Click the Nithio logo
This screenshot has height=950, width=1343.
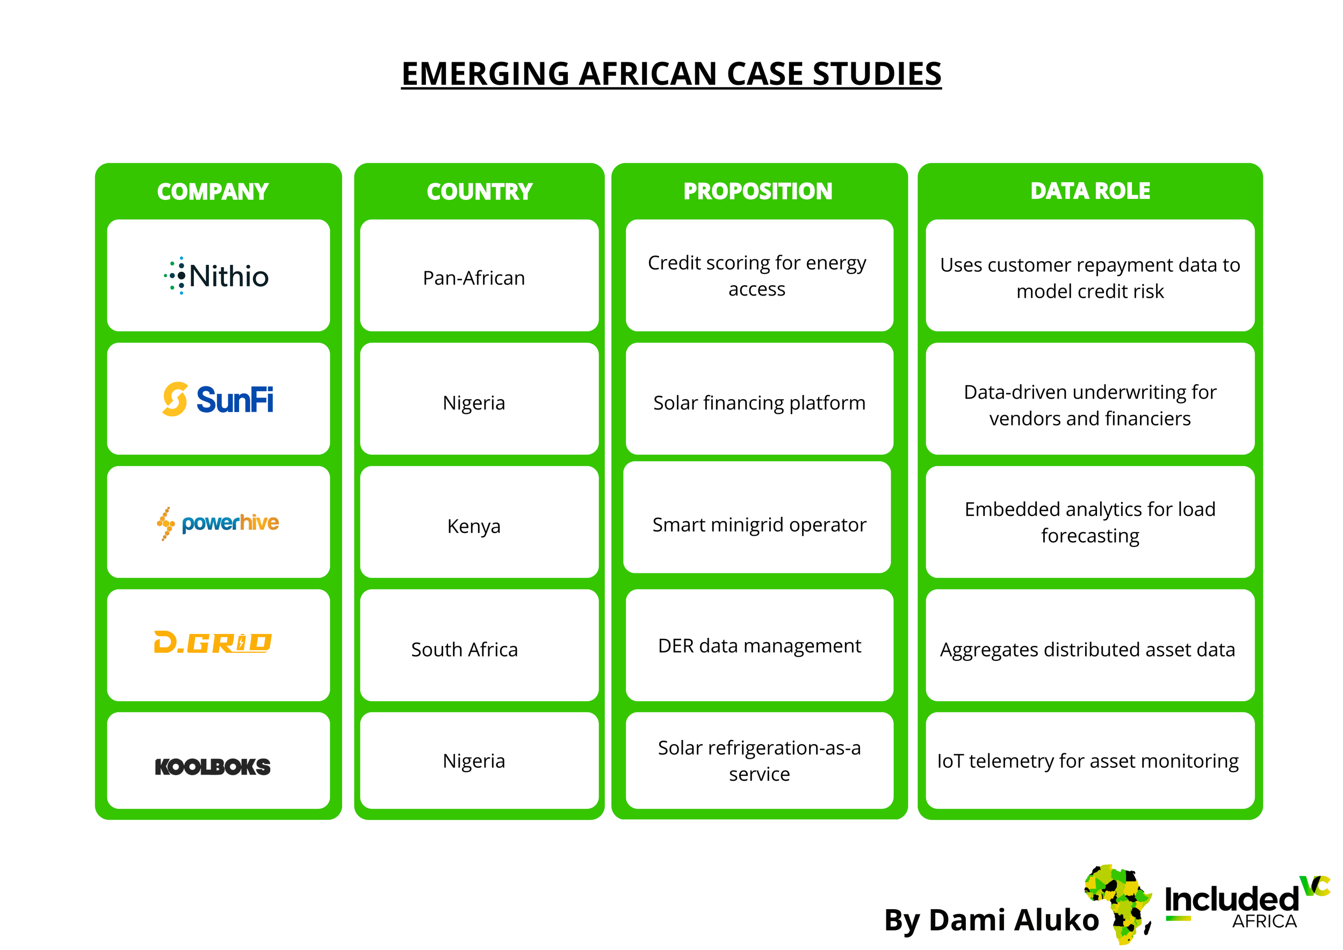pos(216,276)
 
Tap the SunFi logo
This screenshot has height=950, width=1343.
pos(218,400)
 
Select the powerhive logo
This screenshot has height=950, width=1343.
pos(218,523)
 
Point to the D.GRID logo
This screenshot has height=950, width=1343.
pos(213,642)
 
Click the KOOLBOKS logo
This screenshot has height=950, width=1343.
pos(213,766)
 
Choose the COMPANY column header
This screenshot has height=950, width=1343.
pos(213,192)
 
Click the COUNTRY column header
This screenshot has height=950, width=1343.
pos(480,192)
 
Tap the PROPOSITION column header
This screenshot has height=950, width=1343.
pos(757,191)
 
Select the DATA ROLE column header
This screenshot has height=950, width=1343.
pos(1090,191)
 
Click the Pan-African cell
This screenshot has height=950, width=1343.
pos(474,278)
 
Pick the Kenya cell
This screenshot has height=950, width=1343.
pos(474,526)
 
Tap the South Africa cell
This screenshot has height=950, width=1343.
pos(465,649)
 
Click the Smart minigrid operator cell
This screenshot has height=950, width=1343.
pos(759,525)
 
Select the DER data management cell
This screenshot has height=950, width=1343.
pos(759,646)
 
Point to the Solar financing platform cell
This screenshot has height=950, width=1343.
pos(759,402)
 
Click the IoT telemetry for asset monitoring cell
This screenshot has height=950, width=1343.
pos(1087,760)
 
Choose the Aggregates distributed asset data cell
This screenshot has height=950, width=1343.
pos(1087,649)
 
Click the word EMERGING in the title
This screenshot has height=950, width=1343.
pos(485,74)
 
